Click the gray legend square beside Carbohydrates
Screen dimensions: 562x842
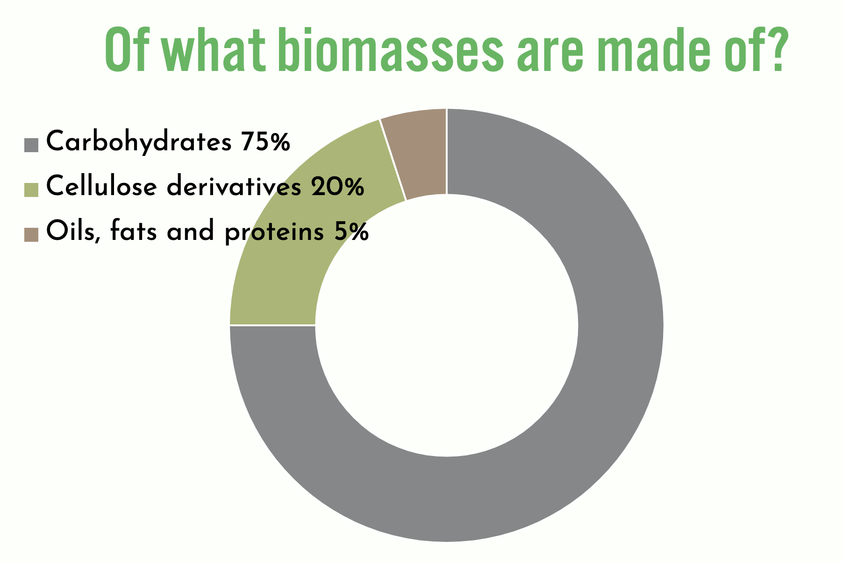pos(31,145)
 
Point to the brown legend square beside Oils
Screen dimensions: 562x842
pos(31,234)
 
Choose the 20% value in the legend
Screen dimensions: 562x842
pos(336,186)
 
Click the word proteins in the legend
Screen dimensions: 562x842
pos(274,232)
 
